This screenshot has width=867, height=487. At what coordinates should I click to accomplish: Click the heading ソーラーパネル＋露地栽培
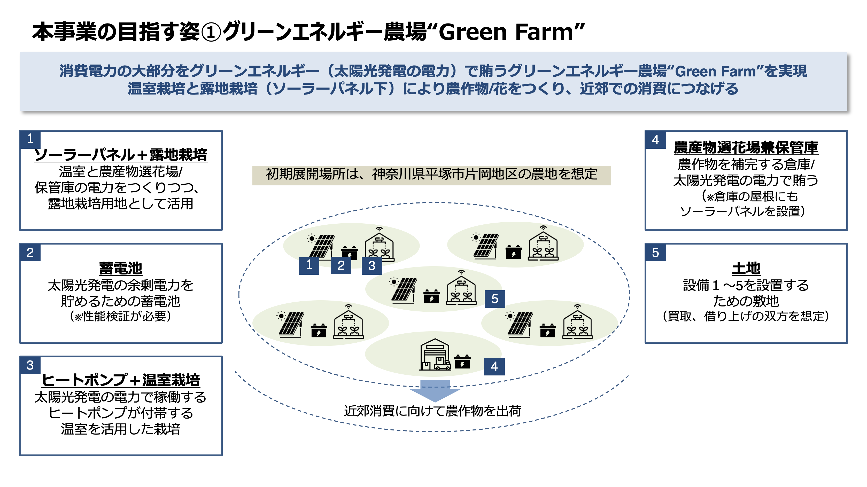pos(120,155)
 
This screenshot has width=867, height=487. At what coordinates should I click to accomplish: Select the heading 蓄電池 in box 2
pos(120,268)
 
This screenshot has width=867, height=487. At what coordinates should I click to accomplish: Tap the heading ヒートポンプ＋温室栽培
pos(120,380)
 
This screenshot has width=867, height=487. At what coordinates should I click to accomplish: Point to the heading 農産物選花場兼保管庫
pos(746,147)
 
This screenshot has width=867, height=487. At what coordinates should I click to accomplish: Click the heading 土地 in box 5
pos(746,268)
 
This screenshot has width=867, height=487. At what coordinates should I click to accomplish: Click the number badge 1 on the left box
pos(30,139)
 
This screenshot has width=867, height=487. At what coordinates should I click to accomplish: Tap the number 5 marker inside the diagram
pos(495,299)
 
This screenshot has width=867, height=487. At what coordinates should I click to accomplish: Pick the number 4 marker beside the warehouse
pos(494,366)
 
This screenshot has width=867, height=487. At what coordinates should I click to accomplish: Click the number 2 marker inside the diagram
pos(341,265)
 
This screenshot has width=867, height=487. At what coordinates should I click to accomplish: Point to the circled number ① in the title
pos(211,32)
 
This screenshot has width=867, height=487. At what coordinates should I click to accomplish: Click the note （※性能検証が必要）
pos(120,317)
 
